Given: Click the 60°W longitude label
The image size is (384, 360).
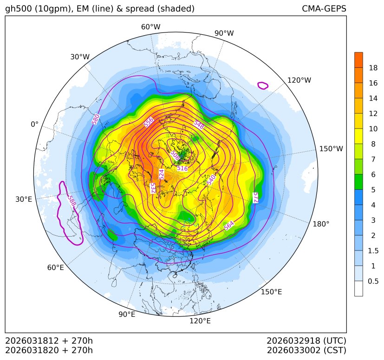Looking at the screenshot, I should click(150, 27).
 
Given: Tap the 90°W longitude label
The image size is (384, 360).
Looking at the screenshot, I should click(224, 33).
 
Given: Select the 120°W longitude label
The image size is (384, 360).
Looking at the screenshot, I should click(299, 80).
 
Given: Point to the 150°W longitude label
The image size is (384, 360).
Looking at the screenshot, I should click(331, 148).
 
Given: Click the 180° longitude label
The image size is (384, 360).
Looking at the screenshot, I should click(321, 224).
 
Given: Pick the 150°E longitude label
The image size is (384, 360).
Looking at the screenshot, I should click(271, 291).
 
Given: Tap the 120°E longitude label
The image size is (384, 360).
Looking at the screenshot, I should click(200, 321).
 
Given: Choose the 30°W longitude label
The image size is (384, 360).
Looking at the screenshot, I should click(80, 57).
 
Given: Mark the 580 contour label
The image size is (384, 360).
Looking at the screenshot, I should click(96, 119).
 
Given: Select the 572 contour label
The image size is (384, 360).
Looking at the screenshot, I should click(255, 197).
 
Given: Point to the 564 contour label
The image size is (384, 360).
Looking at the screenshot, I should click(229, 225).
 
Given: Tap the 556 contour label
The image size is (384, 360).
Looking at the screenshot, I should click(149, 122).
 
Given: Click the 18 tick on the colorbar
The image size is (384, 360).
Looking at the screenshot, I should click(373, 68).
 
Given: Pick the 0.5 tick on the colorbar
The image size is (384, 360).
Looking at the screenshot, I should click(373, 281).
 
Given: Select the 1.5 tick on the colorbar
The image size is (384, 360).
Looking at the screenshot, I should click(373, 251).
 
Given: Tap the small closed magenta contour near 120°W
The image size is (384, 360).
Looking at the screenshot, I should click(263, 85).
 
